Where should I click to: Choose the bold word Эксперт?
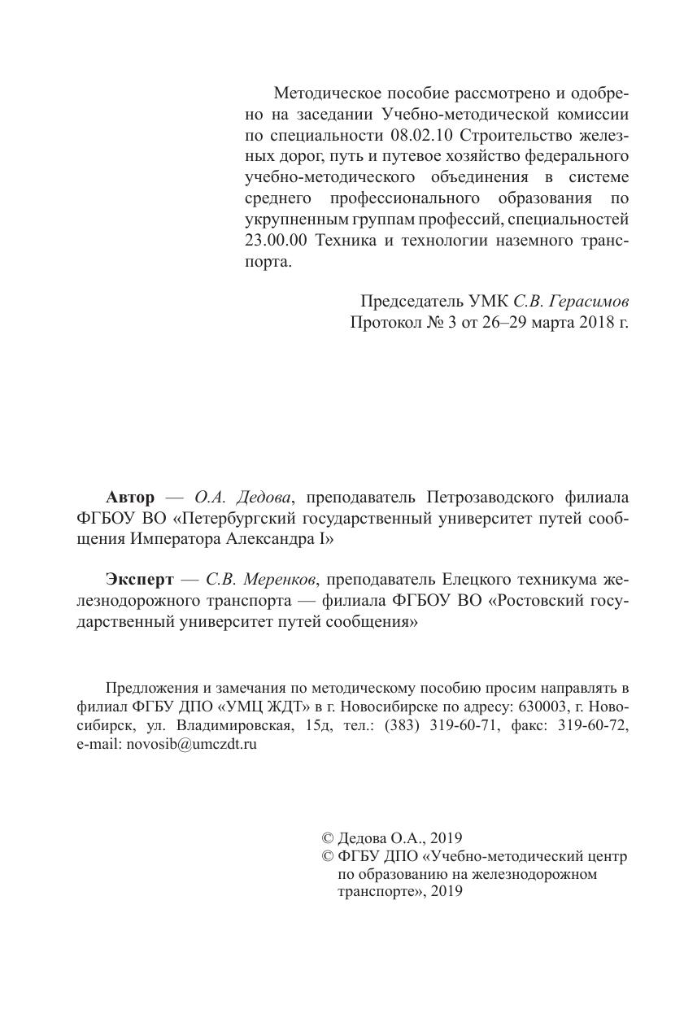(x=140, y=581)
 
